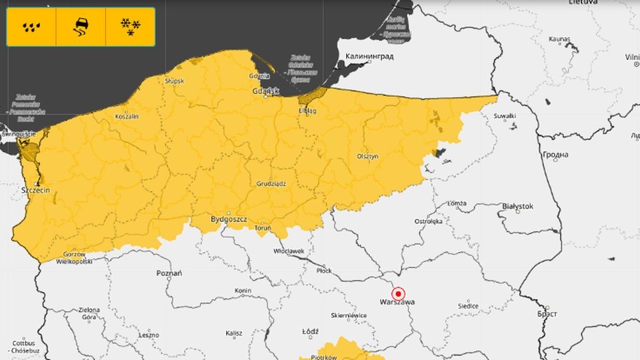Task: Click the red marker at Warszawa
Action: click(399, 293)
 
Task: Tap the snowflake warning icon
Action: click(130, 27)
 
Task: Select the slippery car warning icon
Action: click(81, 27)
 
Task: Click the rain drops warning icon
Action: click(31, 27)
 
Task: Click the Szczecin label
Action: click(36, 190)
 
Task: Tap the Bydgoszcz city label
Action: click(229, 219)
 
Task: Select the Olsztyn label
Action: click(367, 156)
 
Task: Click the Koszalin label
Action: click(127, 116)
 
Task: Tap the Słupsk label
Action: click(175, 81)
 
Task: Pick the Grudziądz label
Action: click(271, 183)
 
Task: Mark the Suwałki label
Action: click(505, 116)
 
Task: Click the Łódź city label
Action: click(310, 331)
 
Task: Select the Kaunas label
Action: click(559, 40)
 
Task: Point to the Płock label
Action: click(323, 271)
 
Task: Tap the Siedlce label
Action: click(467, 306)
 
